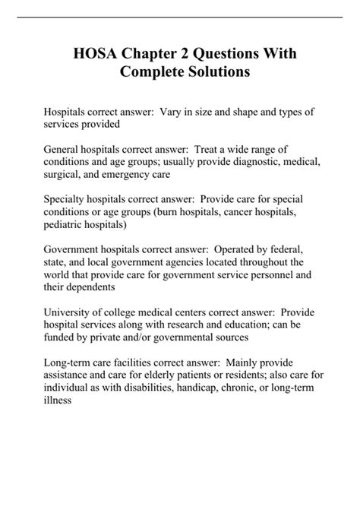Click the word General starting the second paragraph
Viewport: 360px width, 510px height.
(x=66, y=150)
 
